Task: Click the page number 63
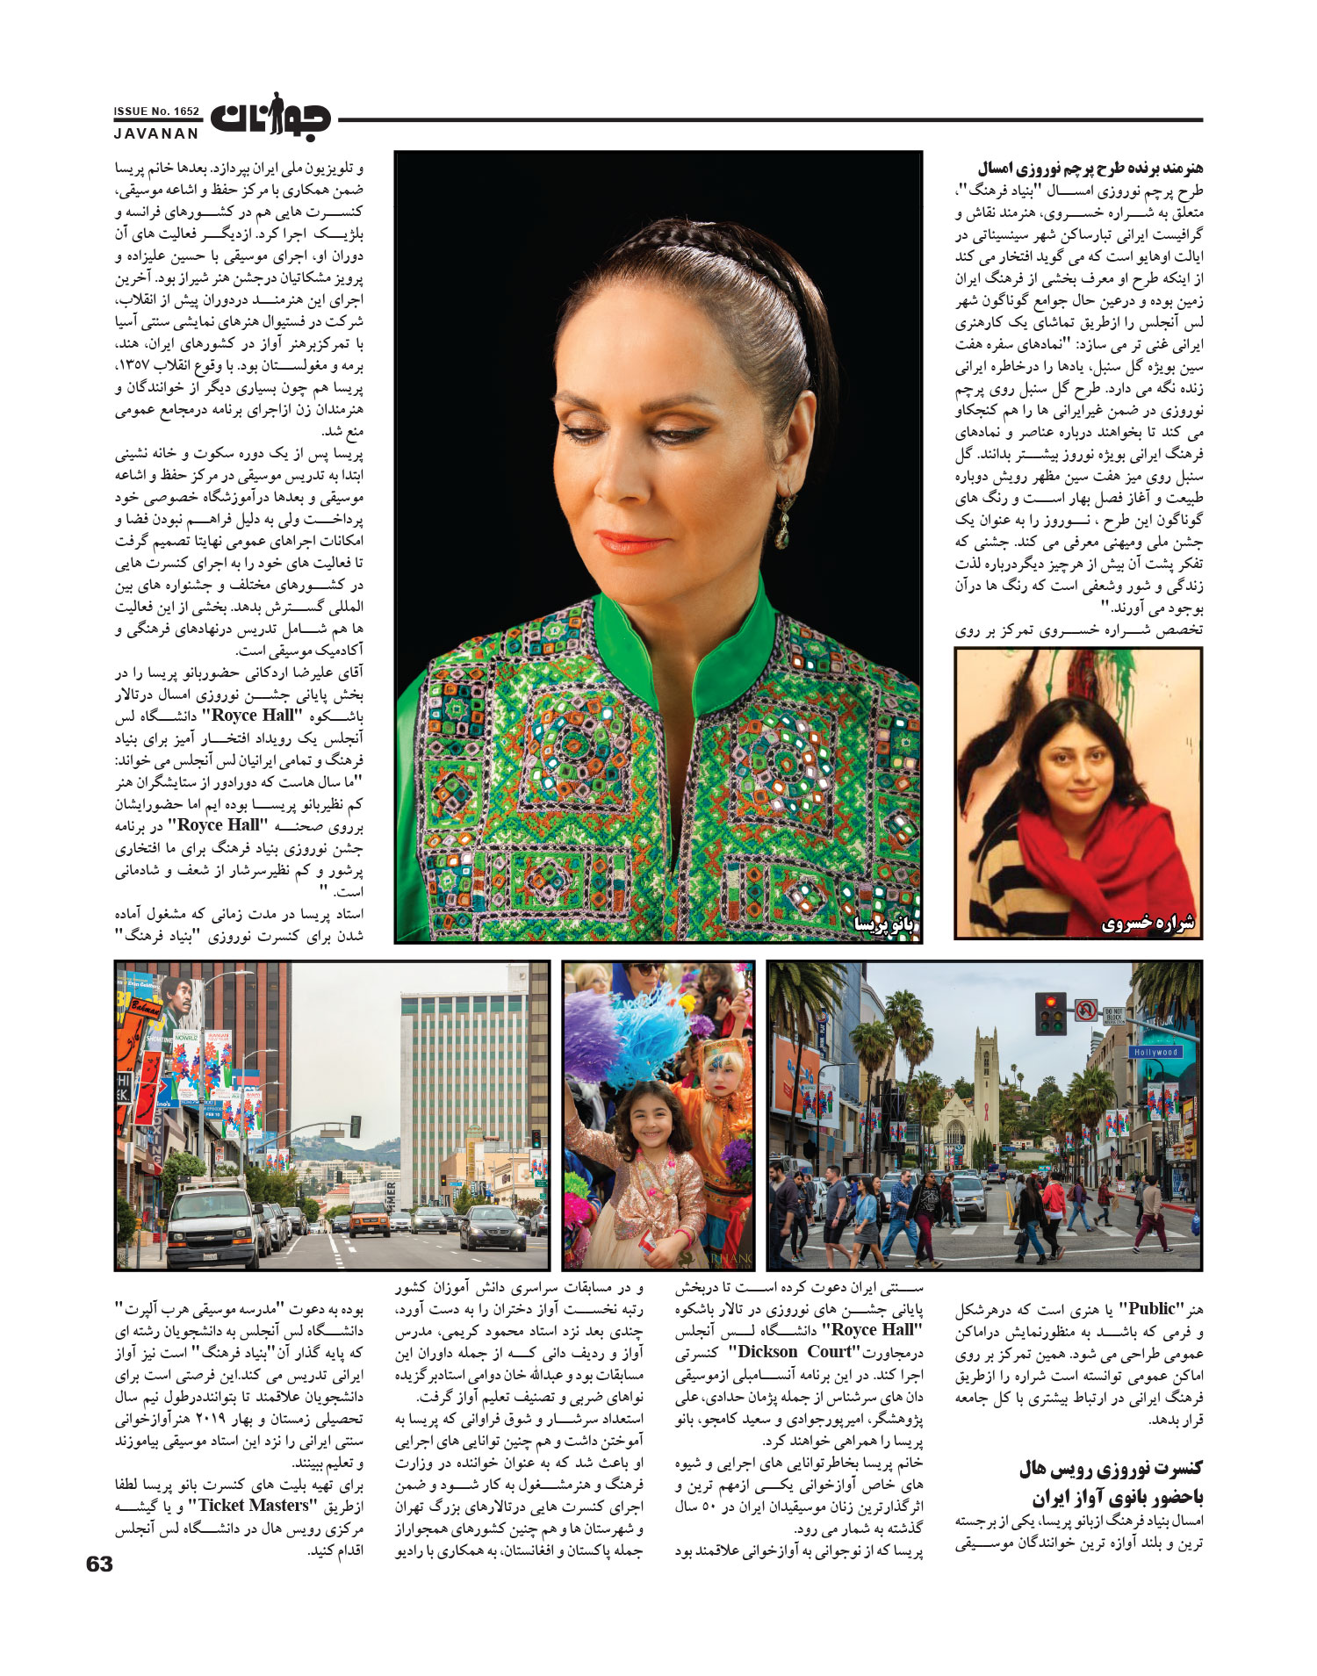(x=99, y=1564)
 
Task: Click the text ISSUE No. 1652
(x=156, y=111)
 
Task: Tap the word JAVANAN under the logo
(x=156, y=133)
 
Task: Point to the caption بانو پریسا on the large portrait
(x=883, y=924)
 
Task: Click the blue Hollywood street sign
(x=1155, y=1052)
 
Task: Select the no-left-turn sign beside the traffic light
(x=1087, y=1011)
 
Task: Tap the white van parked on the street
(x=206, y=1220)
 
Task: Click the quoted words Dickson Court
(x=794, y=1352)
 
